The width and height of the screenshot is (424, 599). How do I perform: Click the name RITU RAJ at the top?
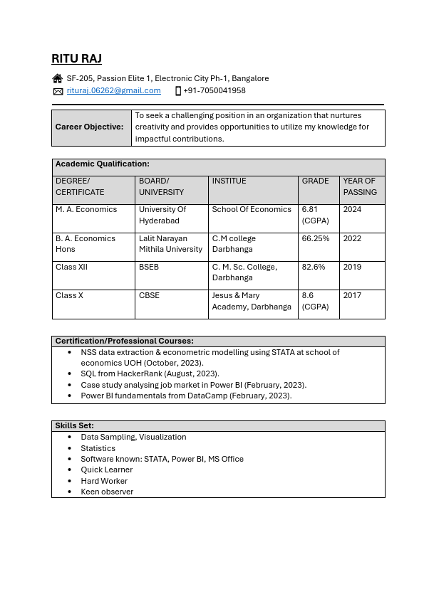(77, 58)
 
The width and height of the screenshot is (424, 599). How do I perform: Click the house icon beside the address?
(58, 78)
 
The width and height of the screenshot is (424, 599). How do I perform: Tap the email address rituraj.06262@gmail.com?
(113, 90)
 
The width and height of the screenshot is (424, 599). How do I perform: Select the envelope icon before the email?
(58, 91)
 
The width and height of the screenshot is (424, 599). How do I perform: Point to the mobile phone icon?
(178, 91)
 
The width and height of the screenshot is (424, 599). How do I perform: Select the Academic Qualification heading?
(103, 164)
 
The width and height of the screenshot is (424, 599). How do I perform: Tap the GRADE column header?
(315, 181)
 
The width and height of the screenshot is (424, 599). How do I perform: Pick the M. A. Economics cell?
(86, 209)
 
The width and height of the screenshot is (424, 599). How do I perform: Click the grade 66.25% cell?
(316, 238)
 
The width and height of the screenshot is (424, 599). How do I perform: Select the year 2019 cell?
(352, 267)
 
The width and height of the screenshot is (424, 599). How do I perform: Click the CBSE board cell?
(150, 295)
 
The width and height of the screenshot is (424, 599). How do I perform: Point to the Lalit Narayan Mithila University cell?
(170, 244)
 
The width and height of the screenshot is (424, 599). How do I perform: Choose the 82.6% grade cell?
(314, 267)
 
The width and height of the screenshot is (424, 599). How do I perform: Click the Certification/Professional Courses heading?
(125, 341)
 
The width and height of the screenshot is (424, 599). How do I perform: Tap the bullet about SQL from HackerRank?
(150, 373)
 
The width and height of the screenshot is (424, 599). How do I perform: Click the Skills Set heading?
(75, 425)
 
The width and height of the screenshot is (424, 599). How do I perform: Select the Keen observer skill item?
(107, 492)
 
